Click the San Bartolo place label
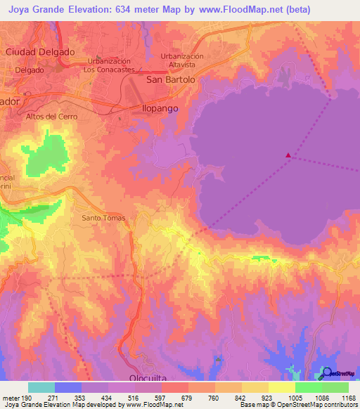[170, 80]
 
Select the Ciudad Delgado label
[40, 52]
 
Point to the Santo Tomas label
[104, 218]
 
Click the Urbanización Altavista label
[181, 60]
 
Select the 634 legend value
[131, 8]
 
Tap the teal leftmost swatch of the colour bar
[41, 387]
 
